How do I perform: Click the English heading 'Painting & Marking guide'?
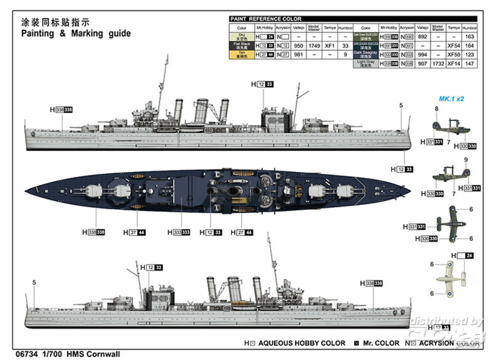point(76,34)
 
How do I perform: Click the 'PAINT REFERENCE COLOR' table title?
point(265,19)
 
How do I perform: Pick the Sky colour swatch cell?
point(242,37)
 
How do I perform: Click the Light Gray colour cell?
point(366,64)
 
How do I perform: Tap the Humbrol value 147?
point(469,64)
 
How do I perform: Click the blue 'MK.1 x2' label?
point(451,99)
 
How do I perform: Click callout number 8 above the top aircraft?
point(437,109)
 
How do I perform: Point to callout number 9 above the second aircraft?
point(466,160)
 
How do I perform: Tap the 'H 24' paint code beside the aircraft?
point(462,256)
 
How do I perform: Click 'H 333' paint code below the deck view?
point(179,232)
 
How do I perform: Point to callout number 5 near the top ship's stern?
point(401,105)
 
